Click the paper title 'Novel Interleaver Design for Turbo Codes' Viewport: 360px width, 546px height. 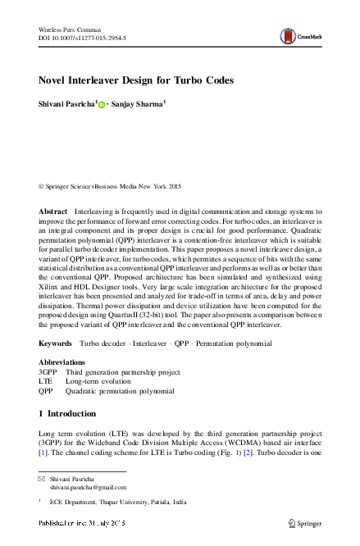click(x=137, y=80)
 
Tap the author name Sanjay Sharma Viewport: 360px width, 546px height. click(x=140, y=104)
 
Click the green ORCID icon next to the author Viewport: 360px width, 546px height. click(x=103, y=105)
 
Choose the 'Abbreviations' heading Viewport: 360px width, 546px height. click(x=62, y=384)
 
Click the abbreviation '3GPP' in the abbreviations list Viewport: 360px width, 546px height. click(x=48, y=394)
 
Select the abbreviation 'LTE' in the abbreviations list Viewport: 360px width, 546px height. click(x=46, y=404)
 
